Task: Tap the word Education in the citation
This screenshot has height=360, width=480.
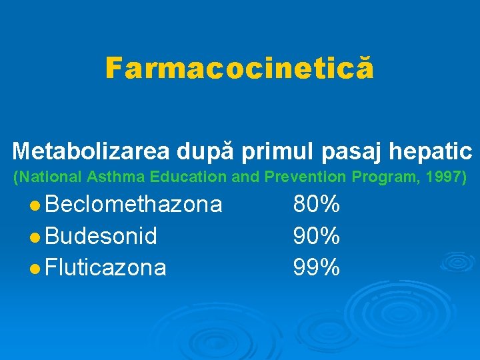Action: tap(181, 177)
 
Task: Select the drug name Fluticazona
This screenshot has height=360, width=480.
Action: tap(106, 268)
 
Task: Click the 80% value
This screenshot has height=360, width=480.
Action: tap(317, 204)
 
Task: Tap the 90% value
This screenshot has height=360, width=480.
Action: tap(317, 236)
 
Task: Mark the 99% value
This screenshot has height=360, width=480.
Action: tap(317, 268)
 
